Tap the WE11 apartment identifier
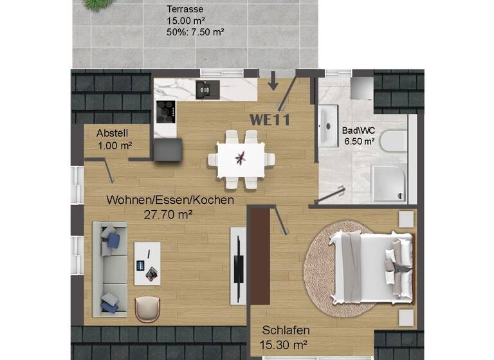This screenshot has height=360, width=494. coord(270,120)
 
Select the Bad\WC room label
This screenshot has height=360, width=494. coord(358,130)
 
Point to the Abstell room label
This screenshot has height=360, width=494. coord(113,134)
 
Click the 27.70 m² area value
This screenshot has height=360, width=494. coord(169,215)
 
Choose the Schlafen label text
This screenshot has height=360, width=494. coord(286,330)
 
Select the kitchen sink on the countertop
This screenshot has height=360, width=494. coord(206,90)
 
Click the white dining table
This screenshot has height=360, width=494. coord(241,157)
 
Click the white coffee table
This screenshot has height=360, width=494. coord(147,263)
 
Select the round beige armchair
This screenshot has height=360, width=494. coord(148,309)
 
